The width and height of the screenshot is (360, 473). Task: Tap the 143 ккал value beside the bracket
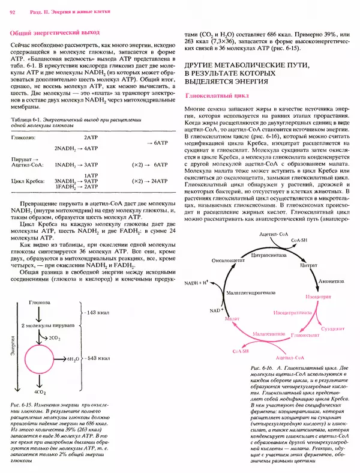(95, 313)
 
